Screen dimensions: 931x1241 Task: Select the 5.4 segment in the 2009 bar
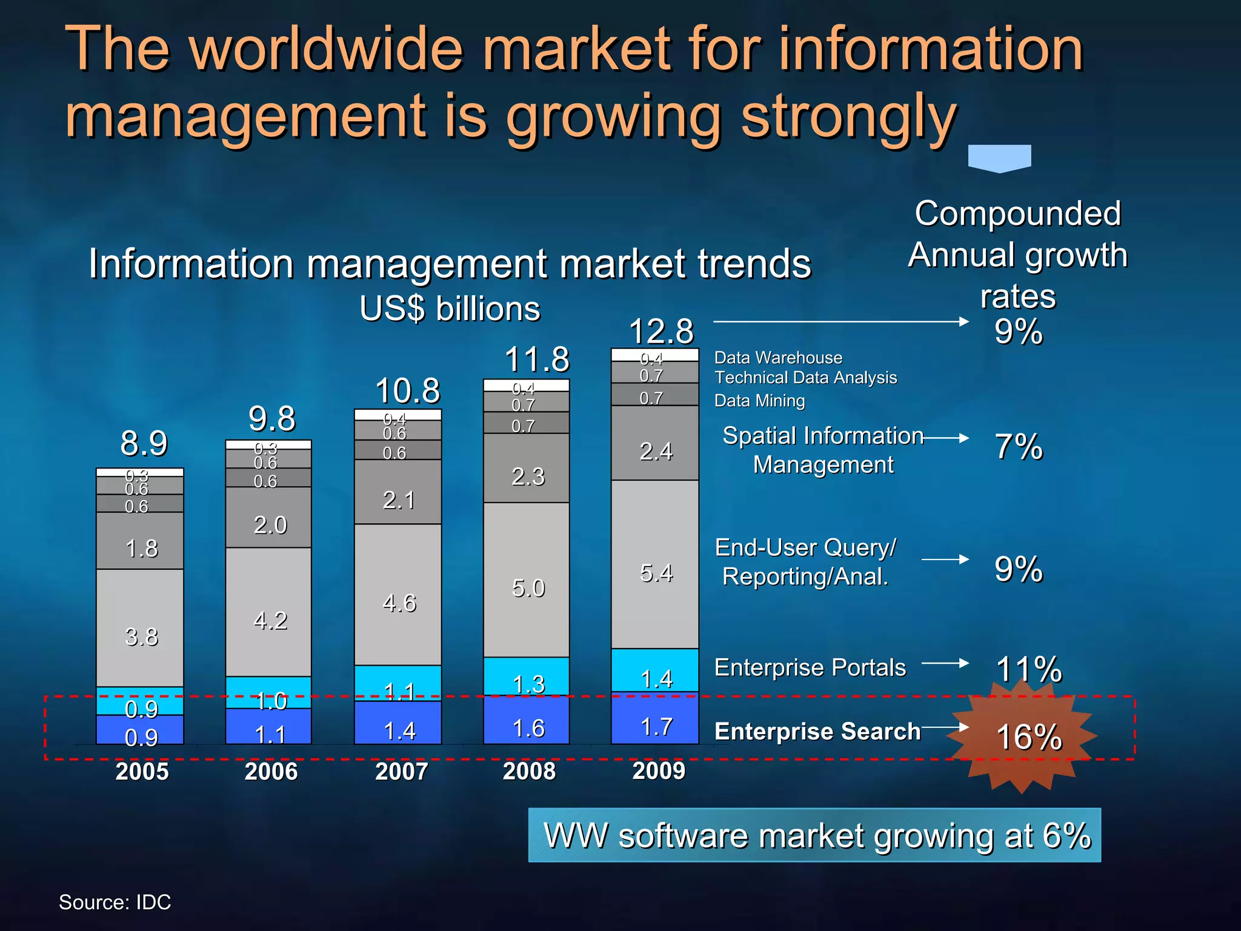[x=656, y=572]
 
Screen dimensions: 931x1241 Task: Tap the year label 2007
[x=401, y=771]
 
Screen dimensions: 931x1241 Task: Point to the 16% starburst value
[x=1028, y=737]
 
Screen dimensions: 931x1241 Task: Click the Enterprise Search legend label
[x=817, y=731]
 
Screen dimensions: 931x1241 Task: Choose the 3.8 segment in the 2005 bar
[x=141, y=636]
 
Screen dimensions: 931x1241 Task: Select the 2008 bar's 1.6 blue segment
[x=528, y=727]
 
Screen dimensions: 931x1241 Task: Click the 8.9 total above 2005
[x=144, y=443]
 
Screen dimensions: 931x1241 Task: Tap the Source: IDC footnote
[x=115, y=902]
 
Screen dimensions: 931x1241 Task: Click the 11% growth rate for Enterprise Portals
[x=1028, y=669]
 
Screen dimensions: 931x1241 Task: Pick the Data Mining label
[x=759, y=401]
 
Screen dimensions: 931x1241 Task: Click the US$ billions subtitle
[x=450, y=309]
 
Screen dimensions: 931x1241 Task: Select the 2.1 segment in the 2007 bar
[x=399, y=499]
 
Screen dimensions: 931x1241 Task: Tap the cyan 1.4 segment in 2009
[x=656, y=677]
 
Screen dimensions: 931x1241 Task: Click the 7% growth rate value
[x=1018, y=447]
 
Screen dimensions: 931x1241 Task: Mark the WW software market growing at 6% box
[x=814, y=835]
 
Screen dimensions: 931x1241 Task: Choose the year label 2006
[x=271, y=771]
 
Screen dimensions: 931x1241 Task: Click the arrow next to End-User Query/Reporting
[x=945, y=559]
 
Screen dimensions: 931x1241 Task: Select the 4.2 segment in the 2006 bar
[x=270, y=619]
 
